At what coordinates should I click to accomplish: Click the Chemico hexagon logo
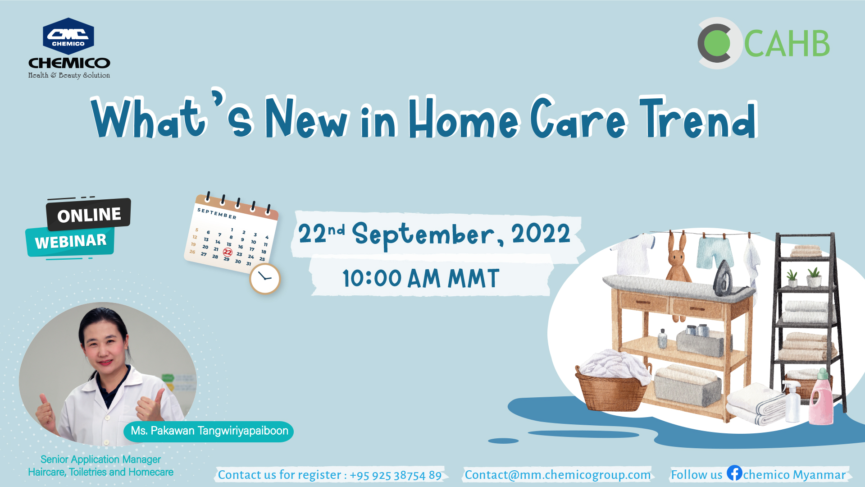click(x=68, y=36)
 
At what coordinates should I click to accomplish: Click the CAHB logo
click(x=764, y=43)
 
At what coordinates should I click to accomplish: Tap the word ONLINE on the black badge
click(x=89, y=215)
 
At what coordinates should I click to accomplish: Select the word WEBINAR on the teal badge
click(x=71, y=241)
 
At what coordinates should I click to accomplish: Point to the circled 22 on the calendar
click(x=228, y=252)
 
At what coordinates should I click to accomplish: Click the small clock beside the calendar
click(x=265, y=279)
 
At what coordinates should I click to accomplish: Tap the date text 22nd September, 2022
click(x=434, y=234)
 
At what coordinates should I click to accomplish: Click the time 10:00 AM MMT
click(x=421, y=278)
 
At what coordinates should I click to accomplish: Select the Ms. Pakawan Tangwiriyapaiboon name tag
click(x=209, y=432)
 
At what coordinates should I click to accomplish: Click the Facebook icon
click(x=734, y=473)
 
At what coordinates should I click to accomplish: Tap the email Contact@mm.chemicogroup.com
click(x=558, y=475)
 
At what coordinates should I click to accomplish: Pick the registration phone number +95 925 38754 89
click(x=396, y=475)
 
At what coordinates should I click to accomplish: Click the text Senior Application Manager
click(x=100, y=459)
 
